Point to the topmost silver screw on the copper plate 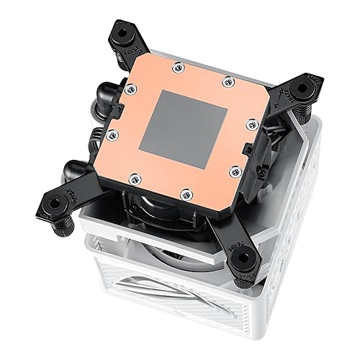[177, 68]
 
